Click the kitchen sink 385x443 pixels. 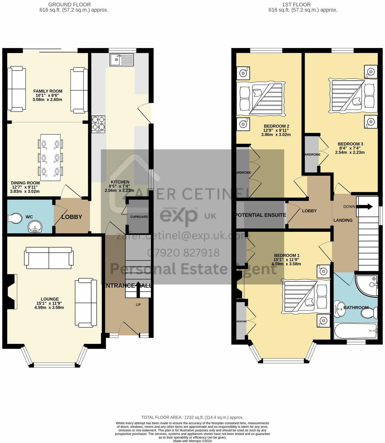[122, 60]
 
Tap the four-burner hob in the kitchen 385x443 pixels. [98, 124]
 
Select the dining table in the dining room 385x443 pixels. [50, 157]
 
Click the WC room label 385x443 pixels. [29, 217]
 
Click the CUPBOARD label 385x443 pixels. [139, 217]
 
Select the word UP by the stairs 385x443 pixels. [138, 305]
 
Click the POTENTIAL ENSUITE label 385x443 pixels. [260, 215]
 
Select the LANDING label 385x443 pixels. [343, 220]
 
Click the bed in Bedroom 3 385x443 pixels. [353, 95]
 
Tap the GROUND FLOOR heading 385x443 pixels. [69, 5]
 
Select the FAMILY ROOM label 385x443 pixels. [48, 91]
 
